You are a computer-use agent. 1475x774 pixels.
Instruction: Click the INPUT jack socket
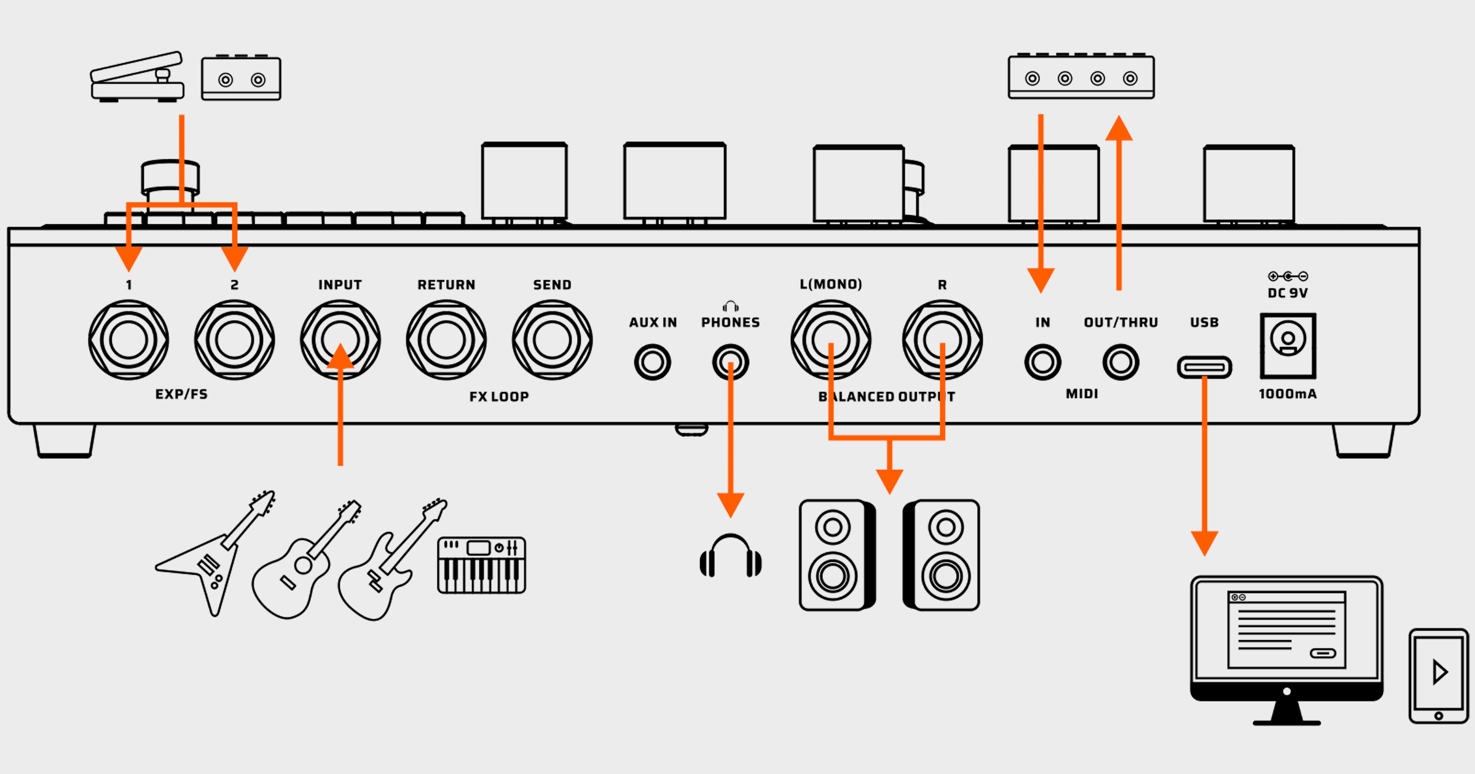340,340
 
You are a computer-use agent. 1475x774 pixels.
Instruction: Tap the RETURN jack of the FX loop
446,340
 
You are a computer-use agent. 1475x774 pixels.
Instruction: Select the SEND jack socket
552,340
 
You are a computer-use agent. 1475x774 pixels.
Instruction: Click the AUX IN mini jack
652,362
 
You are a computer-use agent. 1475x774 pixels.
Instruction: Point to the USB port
1204,367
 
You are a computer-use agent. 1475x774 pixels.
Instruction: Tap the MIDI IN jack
1042,362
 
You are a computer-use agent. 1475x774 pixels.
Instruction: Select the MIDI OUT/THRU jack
1120,362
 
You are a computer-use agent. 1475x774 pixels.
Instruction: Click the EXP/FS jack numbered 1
128,340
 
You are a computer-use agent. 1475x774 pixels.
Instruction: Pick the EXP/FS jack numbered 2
234,340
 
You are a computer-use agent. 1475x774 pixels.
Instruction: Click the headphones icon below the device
730,556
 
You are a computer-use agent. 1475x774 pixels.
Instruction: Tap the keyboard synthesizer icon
481,565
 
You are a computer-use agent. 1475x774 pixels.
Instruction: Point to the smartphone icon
1438,676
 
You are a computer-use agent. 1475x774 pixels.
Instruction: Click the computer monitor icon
1286,639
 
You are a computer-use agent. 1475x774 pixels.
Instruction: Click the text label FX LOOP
499,397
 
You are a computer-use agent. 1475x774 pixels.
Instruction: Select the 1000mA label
1288,394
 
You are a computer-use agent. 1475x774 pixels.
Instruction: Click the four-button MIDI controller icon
1081,77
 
